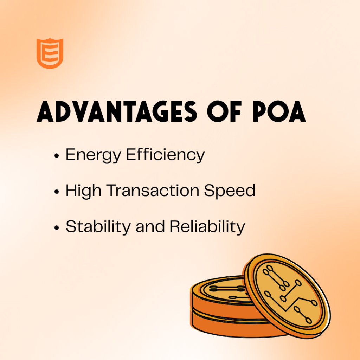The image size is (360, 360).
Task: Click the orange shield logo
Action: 50,53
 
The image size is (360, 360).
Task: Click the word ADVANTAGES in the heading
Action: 117,111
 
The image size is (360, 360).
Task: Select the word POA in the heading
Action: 279,111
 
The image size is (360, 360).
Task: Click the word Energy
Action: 93,155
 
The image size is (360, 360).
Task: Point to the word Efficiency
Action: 165,155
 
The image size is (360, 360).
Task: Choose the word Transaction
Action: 153,190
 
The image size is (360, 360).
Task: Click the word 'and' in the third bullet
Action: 150,227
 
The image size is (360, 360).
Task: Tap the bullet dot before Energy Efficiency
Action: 57,156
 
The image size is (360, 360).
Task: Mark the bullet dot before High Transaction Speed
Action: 57,192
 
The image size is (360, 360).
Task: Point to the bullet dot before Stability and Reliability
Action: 57,228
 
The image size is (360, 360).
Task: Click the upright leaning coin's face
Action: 288,295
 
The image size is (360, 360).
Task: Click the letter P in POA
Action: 260,111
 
